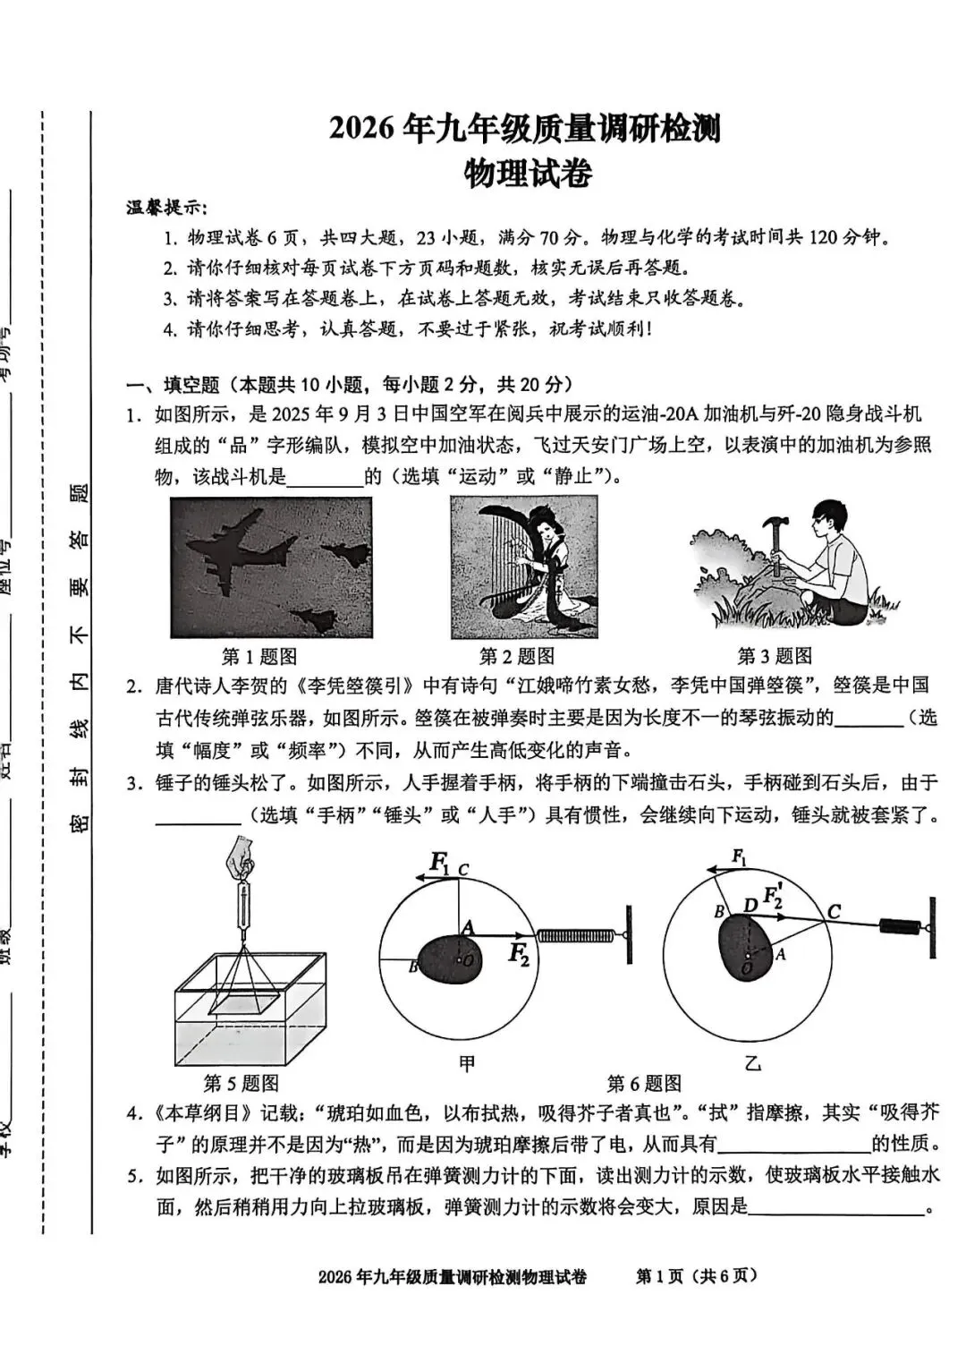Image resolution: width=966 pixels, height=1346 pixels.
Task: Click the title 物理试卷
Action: pyautogui.click(x=527, y=173)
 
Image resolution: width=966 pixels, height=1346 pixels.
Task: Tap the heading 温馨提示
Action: pyautogui.click(x=166, y=208)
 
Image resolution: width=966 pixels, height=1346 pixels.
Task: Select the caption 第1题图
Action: pyautogui.click(x=258, y=657)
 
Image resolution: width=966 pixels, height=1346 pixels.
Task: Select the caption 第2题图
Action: pyautogui.click(x=516, y=657)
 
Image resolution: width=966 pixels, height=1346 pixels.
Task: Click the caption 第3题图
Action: pyautogui.click(x=774, y=657)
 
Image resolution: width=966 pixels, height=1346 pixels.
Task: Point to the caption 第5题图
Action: pyautogui.click(x=241, y=1084)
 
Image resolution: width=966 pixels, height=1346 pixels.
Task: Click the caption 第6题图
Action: pyautogui.click(x=644, y=1084)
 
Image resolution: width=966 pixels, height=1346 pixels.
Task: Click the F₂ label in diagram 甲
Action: pyautogui.click(x=519, y=955)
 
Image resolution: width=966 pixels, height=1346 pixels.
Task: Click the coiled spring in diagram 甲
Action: pyautogui.click(x=577, y=936)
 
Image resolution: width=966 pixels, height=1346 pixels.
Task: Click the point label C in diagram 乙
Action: pyautogui.click(x=834, y=912)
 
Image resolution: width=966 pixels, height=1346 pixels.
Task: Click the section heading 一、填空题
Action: pyautogui.click(x=172, y=385)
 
